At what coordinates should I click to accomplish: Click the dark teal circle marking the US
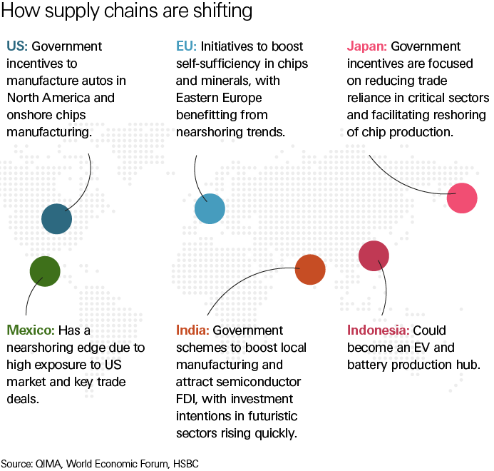coord(56,219)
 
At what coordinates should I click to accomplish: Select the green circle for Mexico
coord(45,271)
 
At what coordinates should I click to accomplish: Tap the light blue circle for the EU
coord(210,209)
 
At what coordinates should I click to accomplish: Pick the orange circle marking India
coord(310,269)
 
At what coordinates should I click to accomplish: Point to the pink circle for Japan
coord(461,198)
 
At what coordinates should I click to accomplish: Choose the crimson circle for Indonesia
coord(374,256)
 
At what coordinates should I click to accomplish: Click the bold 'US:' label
coord(17,46)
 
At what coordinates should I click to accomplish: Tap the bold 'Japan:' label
coord(367,46)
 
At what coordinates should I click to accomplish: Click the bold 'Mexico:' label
coord(31,330)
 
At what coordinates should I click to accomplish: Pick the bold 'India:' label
coord(192,330)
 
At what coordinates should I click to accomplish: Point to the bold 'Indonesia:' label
coord(379,330)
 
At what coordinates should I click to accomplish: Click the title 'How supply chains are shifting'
coord(125,12)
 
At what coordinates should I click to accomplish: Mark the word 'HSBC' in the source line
coord(184,463)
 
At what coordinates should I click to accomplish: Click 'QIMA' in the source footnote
coord(47,463)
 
